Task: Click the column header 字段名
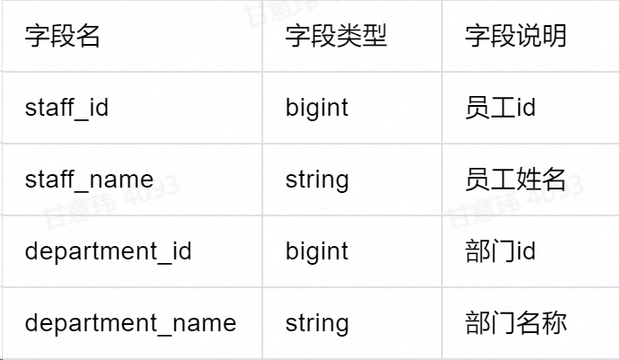coord(62,37)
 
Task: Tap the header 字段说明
coord(516,37)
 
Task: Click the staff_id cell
coord(66,108)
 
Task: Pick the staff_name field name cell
coord(89,180)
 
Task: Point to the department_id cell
coord(108,251)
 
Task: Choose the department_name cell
coord(130,323)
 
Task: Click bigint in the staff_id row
coord(317,108)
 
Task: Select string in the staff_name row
coord(317,180)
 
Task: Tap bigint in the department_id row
coord(317,251)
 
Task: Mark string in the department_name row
coord(317,323)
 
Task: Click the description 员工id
coord(500,108)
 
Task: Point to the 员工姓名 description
coord(516,180)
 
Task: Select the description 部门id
coord(500,251)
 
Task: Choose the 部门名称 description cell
coord(516,323)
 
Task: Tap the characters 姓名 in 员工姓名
coord(542,180)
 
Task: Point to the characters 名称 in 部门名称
coord(542,323)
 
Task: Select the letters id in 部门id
coord(526,251)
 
